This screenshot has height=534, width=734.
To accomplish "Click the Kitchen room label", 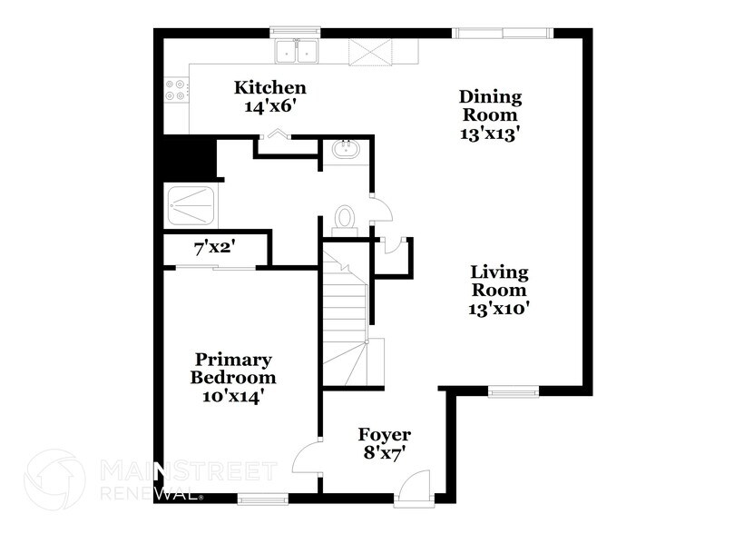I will pos(270,88).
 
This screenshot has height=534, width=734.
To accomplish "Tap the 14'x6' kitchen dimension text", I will pos(270,106).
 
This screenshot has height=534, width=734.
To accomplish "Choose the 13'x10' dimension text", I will pos(498,308).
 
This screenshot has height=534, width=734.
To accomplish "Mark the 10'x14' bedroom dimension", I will pos(233,396).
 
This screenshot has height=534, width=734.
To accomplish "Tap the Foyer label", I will pos(385,434).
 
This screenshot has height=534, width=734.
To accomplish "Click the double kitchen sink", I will pos(298,52).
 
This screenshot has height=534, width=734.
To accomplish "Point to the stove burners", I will pos(175,91).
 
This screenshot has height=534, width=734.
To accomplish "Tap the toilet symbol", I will pos(344,217).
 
